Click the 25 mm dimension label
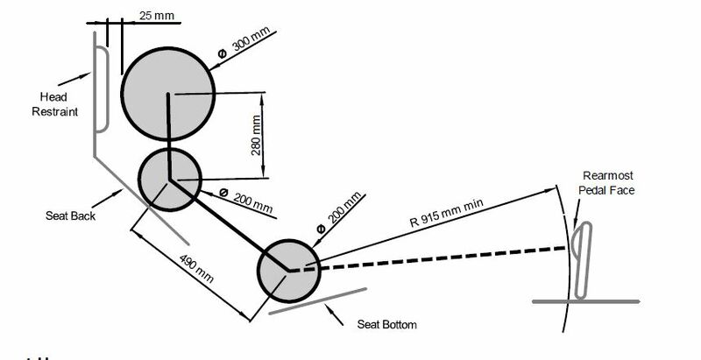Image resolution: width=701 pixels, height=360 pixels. [156, 15]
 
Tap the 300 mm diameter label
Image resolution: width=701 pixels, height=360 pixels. [246, 42]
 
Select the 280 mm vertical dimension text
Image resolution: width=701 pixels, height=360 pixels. [256, 136]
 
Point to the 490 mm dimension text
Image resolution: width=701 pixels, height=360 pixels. [196, 269]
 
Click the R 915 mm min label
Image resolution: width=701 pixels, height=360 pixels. [447, 213]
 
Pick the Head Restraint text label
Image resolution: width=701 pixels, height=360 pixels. [54, 104]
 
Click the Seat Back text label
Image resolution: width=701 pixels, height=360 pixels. [71, 215]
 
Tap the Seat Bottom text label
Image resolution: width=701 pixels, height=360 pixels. [386, 324]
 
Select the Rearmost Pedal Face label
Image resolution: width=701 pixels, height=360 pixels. [606, 183]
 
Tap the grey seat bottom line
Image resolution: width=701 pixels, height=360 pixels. [317, 301]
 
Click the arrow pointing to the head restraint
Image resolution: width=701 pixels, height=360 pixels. [74, 79]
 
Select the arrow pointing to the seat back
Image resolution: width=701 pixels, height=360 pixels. [107, 198]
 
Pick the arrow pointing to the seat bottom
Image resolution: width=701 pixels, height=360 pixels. [334, 314]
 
